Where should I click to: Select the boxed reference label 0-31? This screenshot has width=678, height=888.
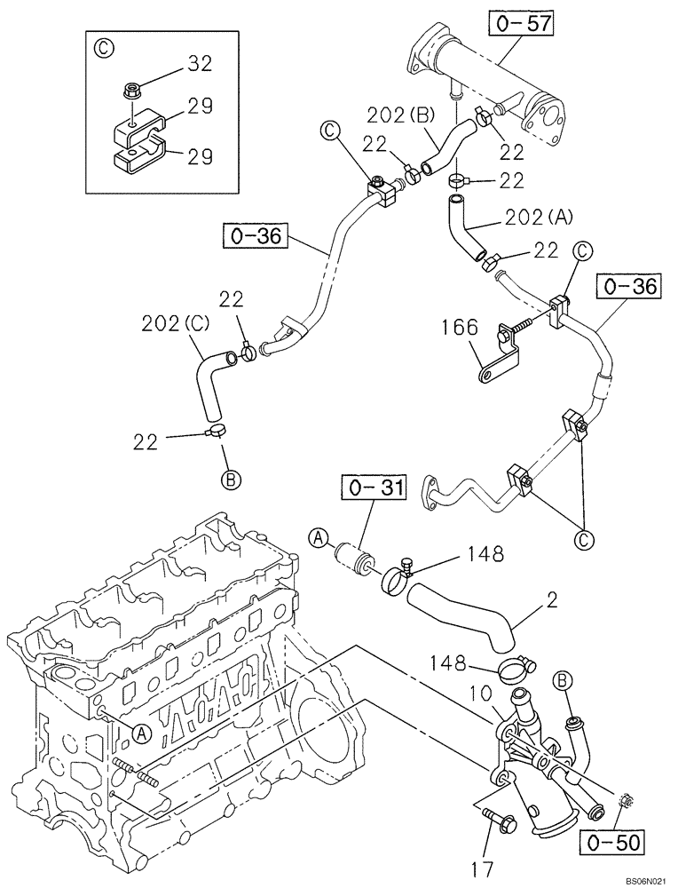tap(374, 488)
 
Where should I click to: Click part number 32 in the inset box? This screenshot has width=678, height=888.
tap(201, 63)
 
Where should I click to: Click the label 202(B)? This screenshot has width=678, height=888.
tap(401, 115)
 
